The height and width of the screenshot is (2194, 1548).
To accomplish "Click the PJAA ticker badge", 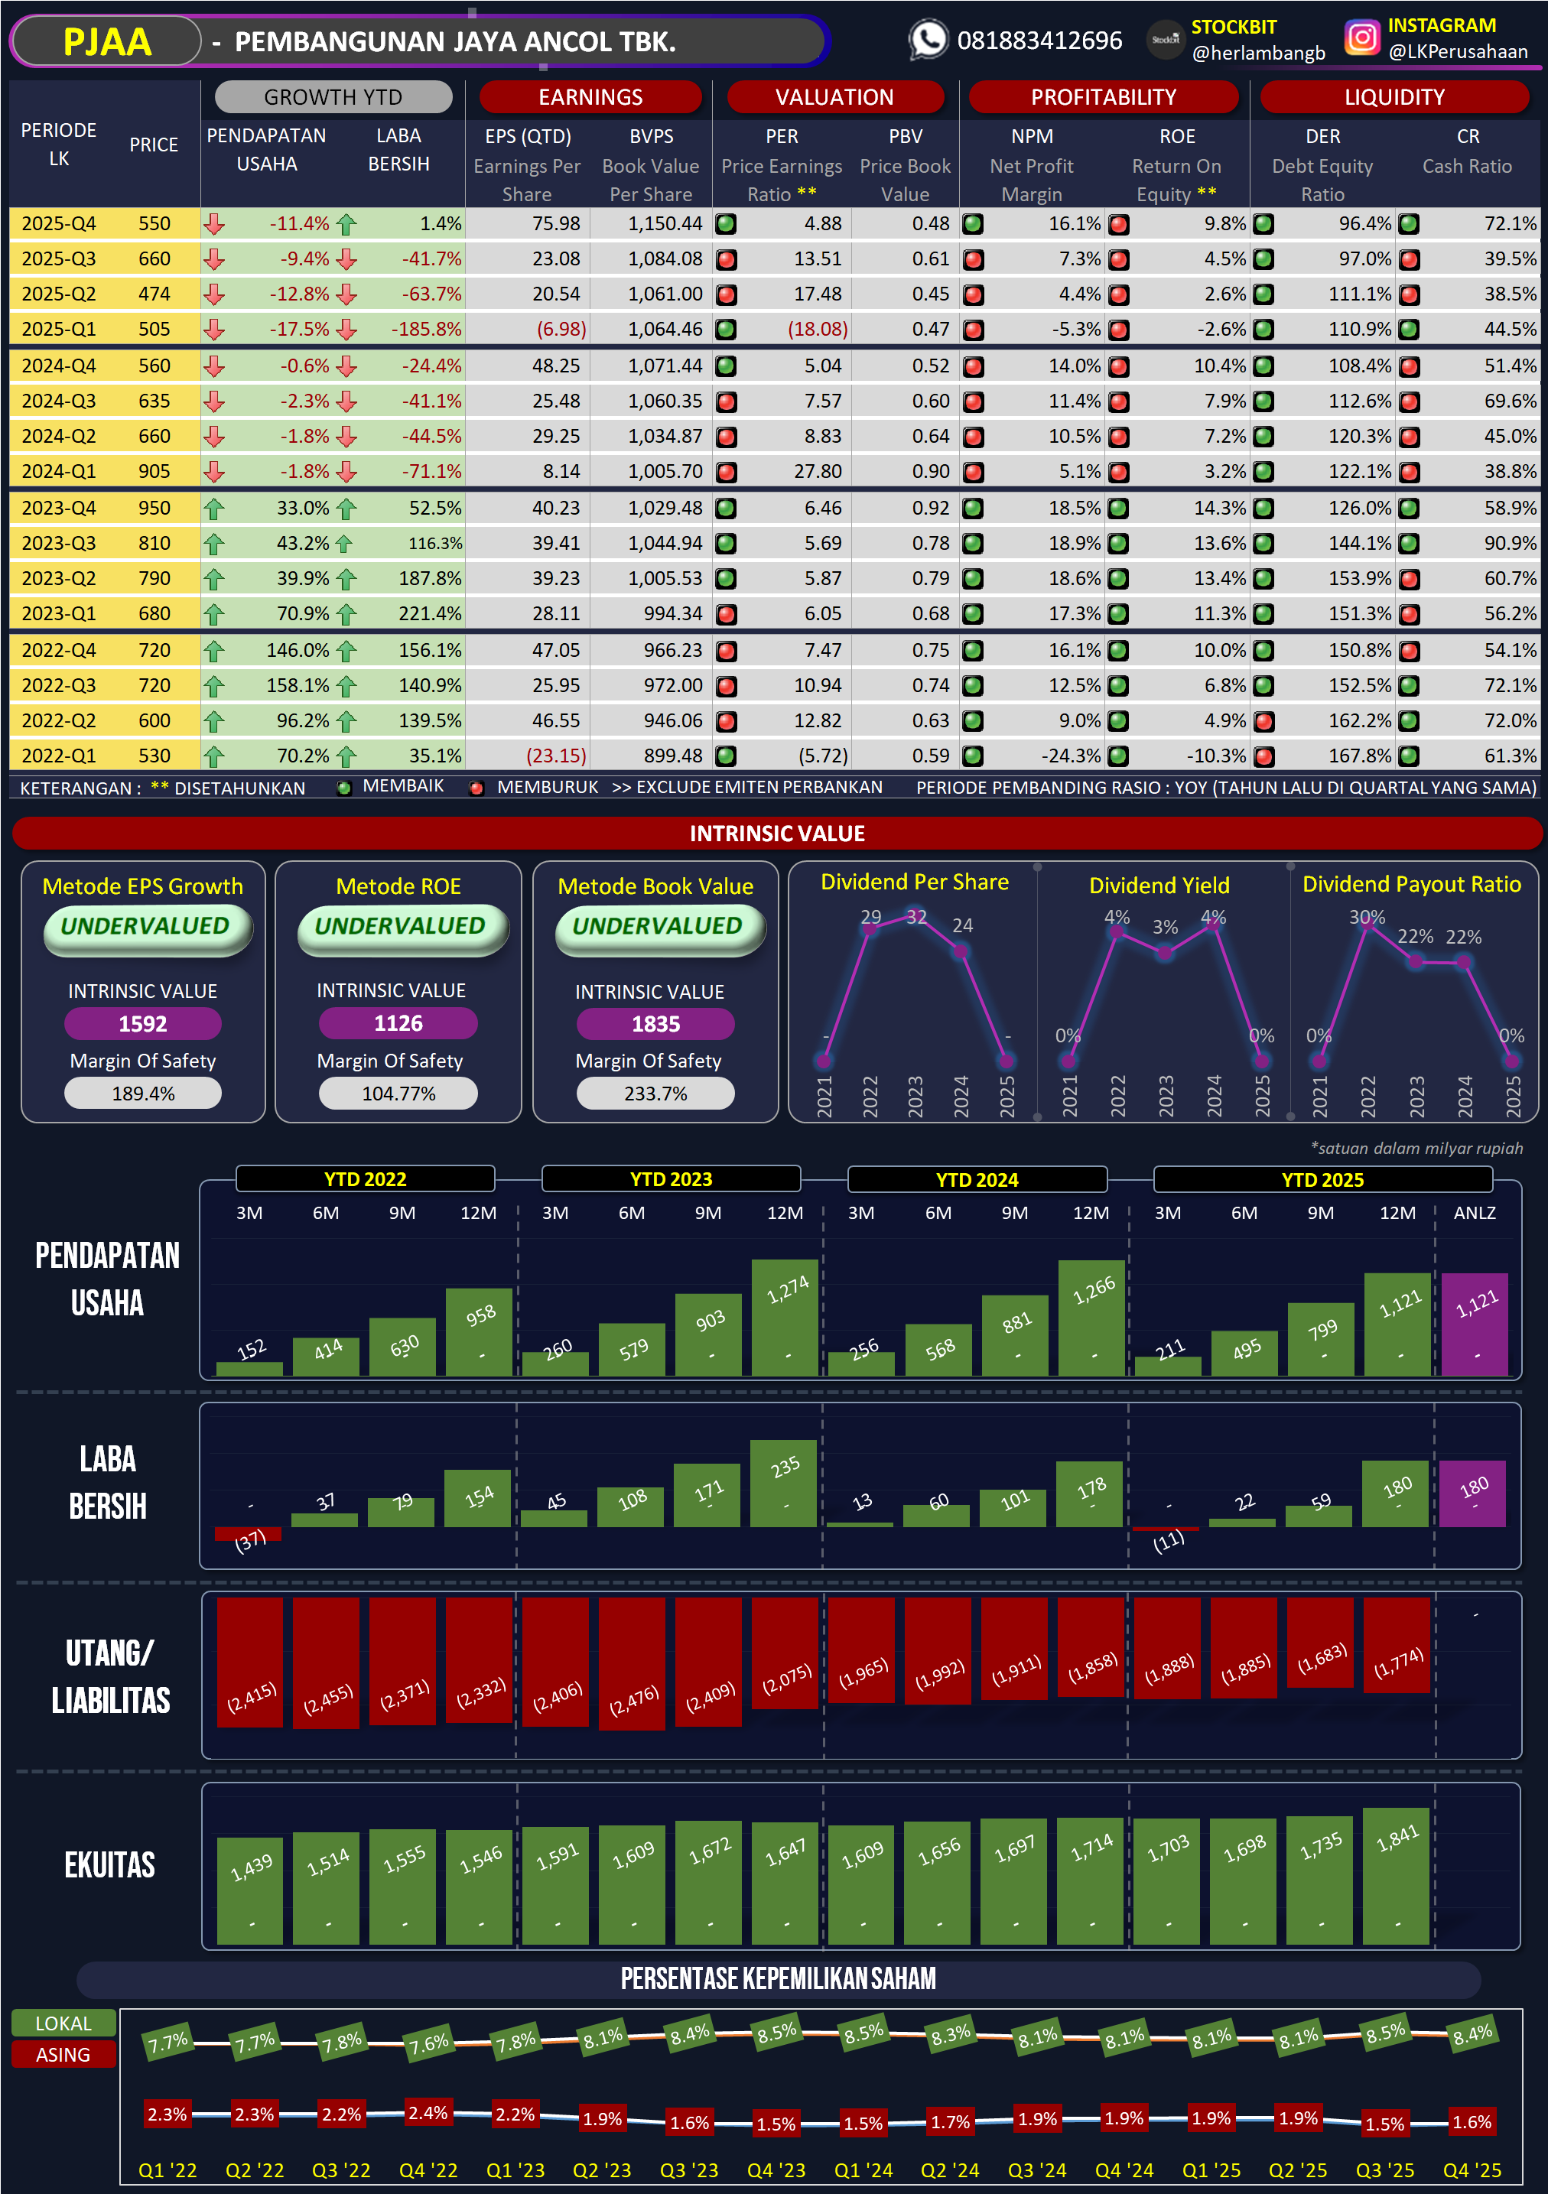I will (x=106, y=42).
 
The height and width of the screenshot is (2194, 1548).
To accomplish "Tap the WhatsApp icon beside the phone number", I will (x=927, y=40).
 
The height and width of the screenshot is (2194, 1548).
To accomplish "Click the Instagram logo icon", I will (x=1361, y=38).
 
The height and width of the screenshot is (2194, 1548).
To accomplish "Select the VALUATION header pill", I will (x=834, y=97).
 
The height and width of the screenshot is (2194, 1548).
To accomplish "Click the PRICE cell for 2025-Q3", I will (x=154, y=259).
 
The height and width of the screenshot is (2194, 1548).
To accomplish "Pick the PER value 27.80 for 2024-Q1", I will (x=817, y=471).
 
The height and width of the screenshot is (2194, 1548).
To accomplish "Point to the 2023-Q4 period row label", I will (x=58, y=509).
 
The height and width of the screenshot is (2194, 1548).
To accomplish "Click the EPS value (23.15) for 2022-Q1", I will (x=556, y=756).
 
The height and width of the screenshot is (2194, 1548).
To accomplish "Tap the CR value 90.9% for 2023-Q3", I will (x=1509, y=544).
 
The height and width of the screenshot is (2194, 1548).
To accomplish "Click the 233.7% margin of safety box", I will (x=655, y=1094).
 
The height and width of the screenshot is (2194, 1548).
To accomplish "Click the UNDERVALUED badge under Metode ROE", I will (x=400, y=927).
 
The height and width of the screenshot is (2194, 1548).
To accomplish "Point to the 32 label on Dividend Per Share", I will (x=916, y=918).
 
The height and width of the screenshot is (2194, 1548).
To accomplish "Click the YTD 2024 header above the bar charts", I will (x=977, y=1179).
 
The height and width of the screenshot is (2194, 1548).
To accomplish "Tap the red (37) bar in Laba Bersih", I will (x=248, y=1534).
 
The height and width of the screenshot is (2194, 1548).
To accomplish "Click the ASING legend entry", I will (x=63, y=2055).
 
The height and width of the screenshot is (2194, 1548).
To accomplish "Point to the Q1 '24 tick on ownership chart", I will (x=863, y=2170).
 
